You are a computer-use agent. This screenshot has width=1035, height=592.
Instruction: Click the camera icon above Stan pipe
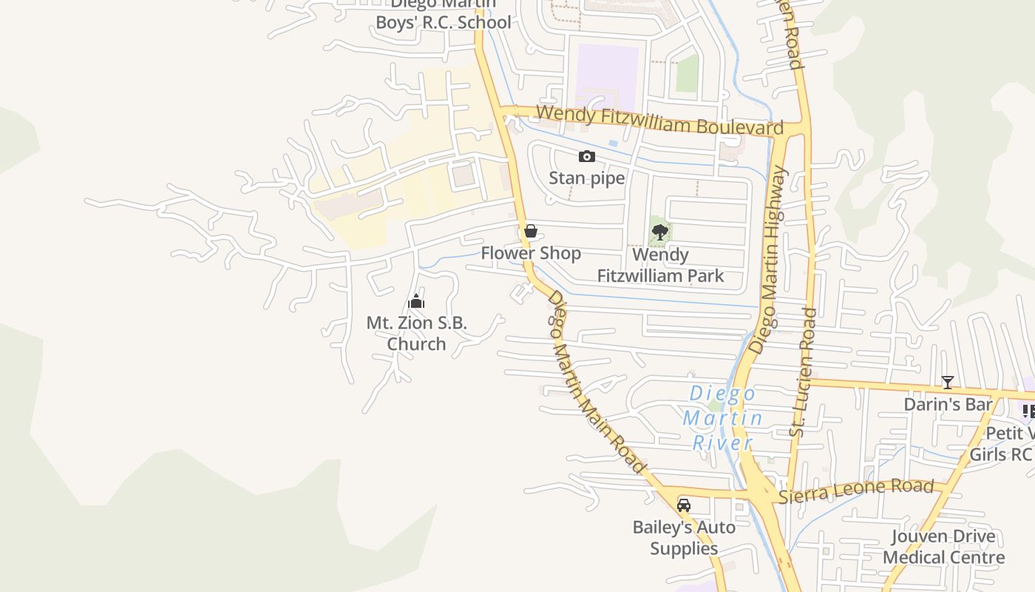point(586,156)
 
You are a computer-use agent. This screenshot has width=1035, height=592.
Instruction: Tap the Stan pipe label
point(586,178)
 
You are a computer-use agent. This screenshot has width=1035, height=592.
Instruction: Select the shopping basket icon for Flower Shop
point(530,231)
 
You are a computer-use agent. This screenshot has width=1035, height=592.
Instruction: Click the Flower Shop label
point(531,253)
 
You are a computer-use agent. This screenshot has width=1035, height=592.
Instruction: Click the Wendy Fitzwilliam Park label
point(660,266)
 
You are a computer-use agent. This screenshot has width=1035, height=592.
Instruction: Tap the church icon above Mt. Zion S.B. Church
point(416,301)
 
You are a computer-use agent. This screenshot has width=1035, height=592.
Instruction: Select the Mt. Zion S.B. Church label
point(417,334)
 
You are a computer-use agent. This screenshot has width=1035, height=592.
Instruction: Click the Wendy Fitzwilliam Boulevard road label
point(659,121)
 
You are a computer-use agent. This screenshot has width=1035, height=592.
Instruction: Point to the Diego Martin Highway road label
point(770,259)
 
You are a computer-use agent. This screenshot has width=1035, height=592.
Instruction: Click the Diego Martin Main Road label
point(596,380)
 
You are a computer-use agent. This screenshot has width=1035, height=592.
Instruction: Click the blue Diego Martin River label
point(722,418)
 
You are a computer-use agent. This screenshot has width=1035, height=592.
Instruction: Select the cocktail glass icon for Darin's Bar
point(947,383)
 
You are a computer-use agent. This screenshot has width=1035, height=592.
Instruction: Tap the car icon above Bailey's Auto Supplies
point(684,505)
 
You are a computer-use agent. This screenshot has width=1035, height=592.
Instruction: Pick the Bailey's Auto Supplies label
point(684,538)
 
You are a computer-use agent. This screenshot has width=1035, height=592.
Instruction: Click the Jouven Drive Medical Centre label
point(943,547)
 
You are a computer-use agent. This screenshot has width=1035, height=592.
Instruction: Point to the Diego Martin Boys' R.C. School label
point(443,15)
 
